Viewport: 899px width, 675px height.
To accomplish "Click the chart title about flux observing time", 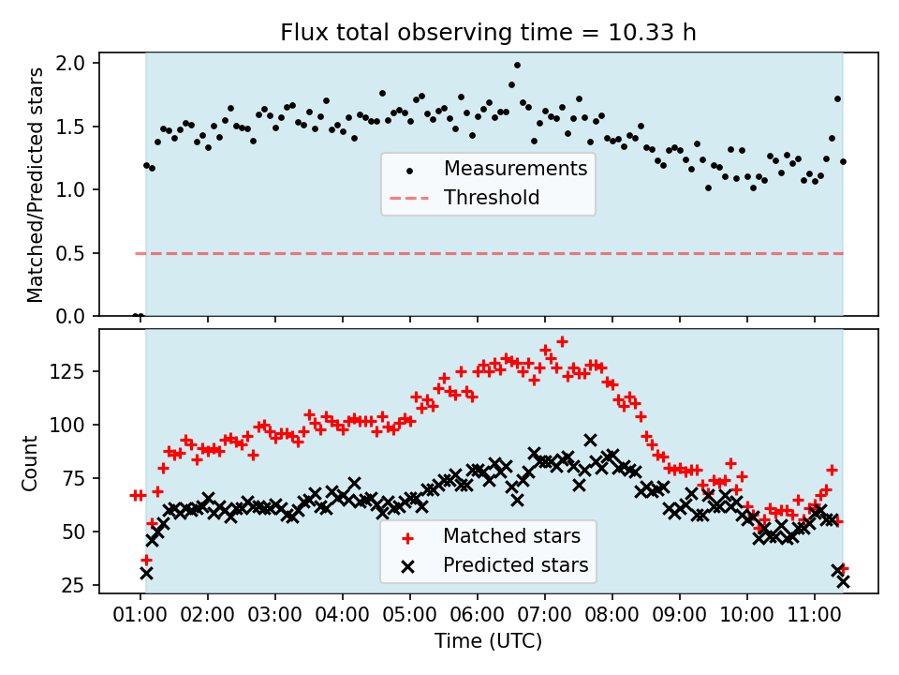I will (x=488, y=33).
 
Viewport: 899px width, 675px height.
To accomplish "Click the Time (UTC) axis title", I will (x=488, y=642).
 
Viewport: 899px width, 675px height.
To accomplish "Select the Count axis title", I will (x=31, y=462).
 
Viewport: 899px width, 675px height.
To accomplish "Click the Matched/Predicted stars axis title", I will (x=36, y=185).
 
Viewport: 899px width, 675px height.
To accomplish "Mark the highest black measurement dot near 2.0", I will (x=517, y=66).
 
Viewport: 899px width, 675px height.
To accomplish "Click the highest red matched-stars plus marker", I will (x=562, y=342).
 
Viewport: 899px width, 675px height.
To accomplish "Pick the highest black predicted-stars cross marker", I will (x=590, y=440).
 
